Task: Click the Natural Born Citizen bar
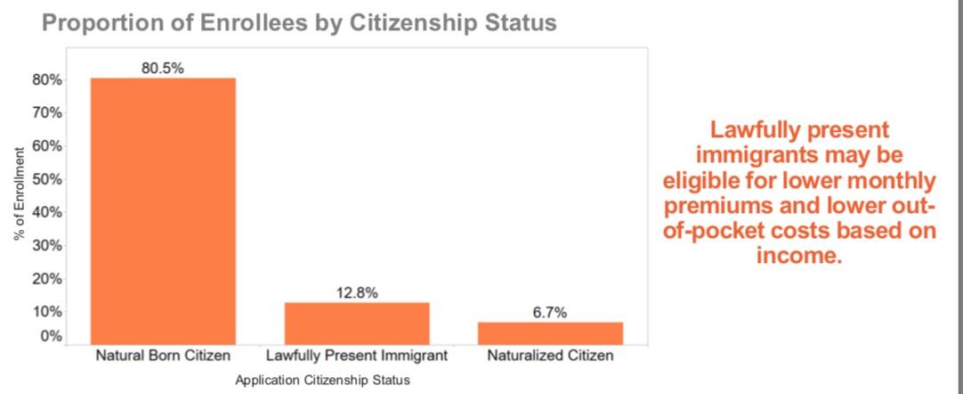coord(163,210)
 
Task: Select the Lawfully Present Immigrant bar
coord(357,323)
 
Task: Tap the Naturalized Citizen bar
coord(550,332)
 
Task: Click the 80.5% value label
coord(163,68)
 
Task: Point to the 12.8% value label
coord(357,292)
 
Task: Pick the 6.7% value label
coord(550,312)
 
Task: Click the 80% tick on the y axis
coord(49,79)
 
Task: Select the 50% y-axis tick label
coord(49,179)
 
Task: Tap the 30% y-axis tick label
coord(49,245)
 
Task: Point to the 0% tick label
coord(53,337)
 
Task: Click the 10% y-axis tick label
coord(49,312)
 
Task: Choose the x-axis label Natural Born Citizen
coord(163,357)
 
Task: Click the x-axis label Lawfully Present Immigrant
coord(357,357)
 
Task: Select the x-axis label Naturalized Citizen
coord(550,357)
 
